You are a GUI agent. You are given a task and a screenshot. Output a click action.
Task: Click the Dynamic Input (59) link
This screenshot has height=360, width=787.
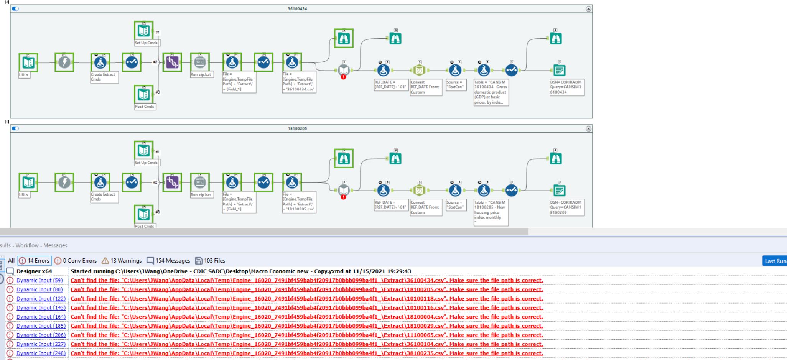[40, 281]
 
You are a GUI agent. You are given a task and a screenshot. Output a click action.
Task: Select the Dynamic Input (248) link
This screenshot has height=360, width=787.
[41, 353]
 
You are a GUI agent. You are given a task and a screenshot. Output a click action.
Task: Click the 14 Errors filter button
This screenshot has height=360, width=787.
[34, 261]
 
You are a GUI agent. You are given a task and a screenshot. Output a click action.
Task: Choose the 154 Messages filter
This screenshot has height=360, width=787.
[168, 261]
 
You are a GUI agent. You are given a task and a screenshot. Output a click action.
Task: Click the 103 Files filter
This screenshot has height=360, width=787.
[210, 261]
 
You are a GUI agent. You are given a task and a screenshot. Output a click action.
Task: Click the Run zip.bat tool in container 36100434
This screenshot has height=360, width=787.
[200, 62]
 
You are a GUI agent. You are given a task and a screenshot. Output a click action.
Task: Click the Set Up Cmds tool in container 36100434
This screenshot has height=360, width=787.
[144, 31]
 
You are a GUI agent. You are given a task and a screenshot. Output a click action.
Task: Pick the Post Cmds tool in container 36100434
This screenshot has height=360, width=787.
[144, 94]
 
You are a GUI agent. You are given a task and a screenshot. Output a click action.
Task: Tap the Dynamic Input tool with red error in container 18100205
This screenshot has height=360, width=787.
[344, 190]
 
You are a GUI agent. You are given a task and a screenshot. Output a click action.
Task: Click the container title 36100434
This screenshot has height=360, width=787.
[297, 9]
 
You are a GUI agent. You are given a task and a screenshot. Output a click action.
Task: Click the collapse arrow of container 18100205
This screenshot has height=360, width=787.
[588, 129]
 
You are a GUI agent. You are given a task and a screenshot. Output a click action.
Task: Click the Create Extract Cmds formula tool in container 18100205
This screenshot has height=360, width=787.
[100, 182]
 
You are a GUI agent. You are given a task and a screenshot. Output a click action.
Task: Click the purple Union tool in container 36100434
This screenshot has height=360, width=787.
[172, 62]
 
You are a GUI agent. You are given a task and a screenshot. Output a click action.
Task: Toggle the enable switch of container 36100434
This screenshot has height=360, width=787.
[15, 9]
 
